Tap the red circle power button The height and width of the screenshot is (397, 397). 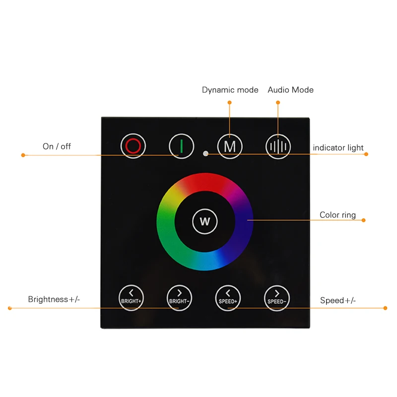(x=133, y=146)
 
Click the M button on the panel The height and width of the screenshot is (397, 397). (x=230, y=146)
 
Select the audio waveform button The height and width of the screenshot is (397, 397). (x=278, y=146)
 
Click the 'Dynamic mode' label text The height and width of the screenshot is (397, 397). (x=230, y=90)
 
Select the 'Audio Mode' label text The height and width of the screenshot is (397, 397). (x=290, y=90)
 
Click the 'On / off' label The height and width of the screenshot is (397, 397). (x=57, y=146)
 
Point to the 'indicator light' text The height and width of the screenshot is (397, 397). (x=338, y=147)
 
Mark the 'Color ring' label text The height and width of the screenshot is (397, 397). (x=337, y=215)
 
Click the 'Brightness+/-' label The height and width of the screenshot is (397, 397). (x=54, y=299)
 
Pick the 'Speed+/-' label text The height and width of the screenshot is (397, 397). (x=337, y=300)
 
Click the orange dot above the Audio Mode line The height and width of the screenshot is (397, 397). (x=278, y=103)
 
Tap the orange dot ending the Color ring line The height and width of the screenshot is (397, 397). (x=363, y=220)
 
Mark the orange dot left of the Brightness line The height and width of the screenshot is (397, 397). (x=9, y=308)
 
